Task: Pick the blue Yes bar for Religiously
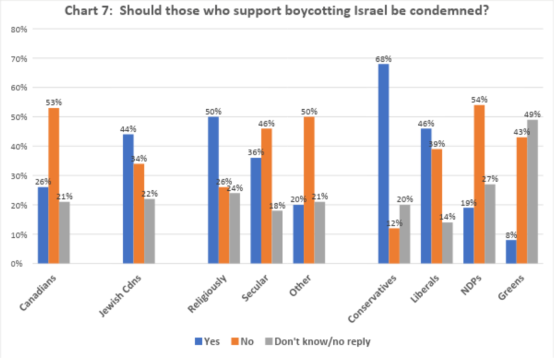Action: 214,190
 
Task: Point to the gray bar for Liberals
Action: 448,243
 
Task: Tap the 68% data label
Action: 384,58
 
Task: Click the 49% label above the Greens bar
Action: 533,114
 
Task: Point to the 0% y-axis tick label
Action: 21,264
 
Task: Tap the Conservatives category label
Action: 374,298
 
